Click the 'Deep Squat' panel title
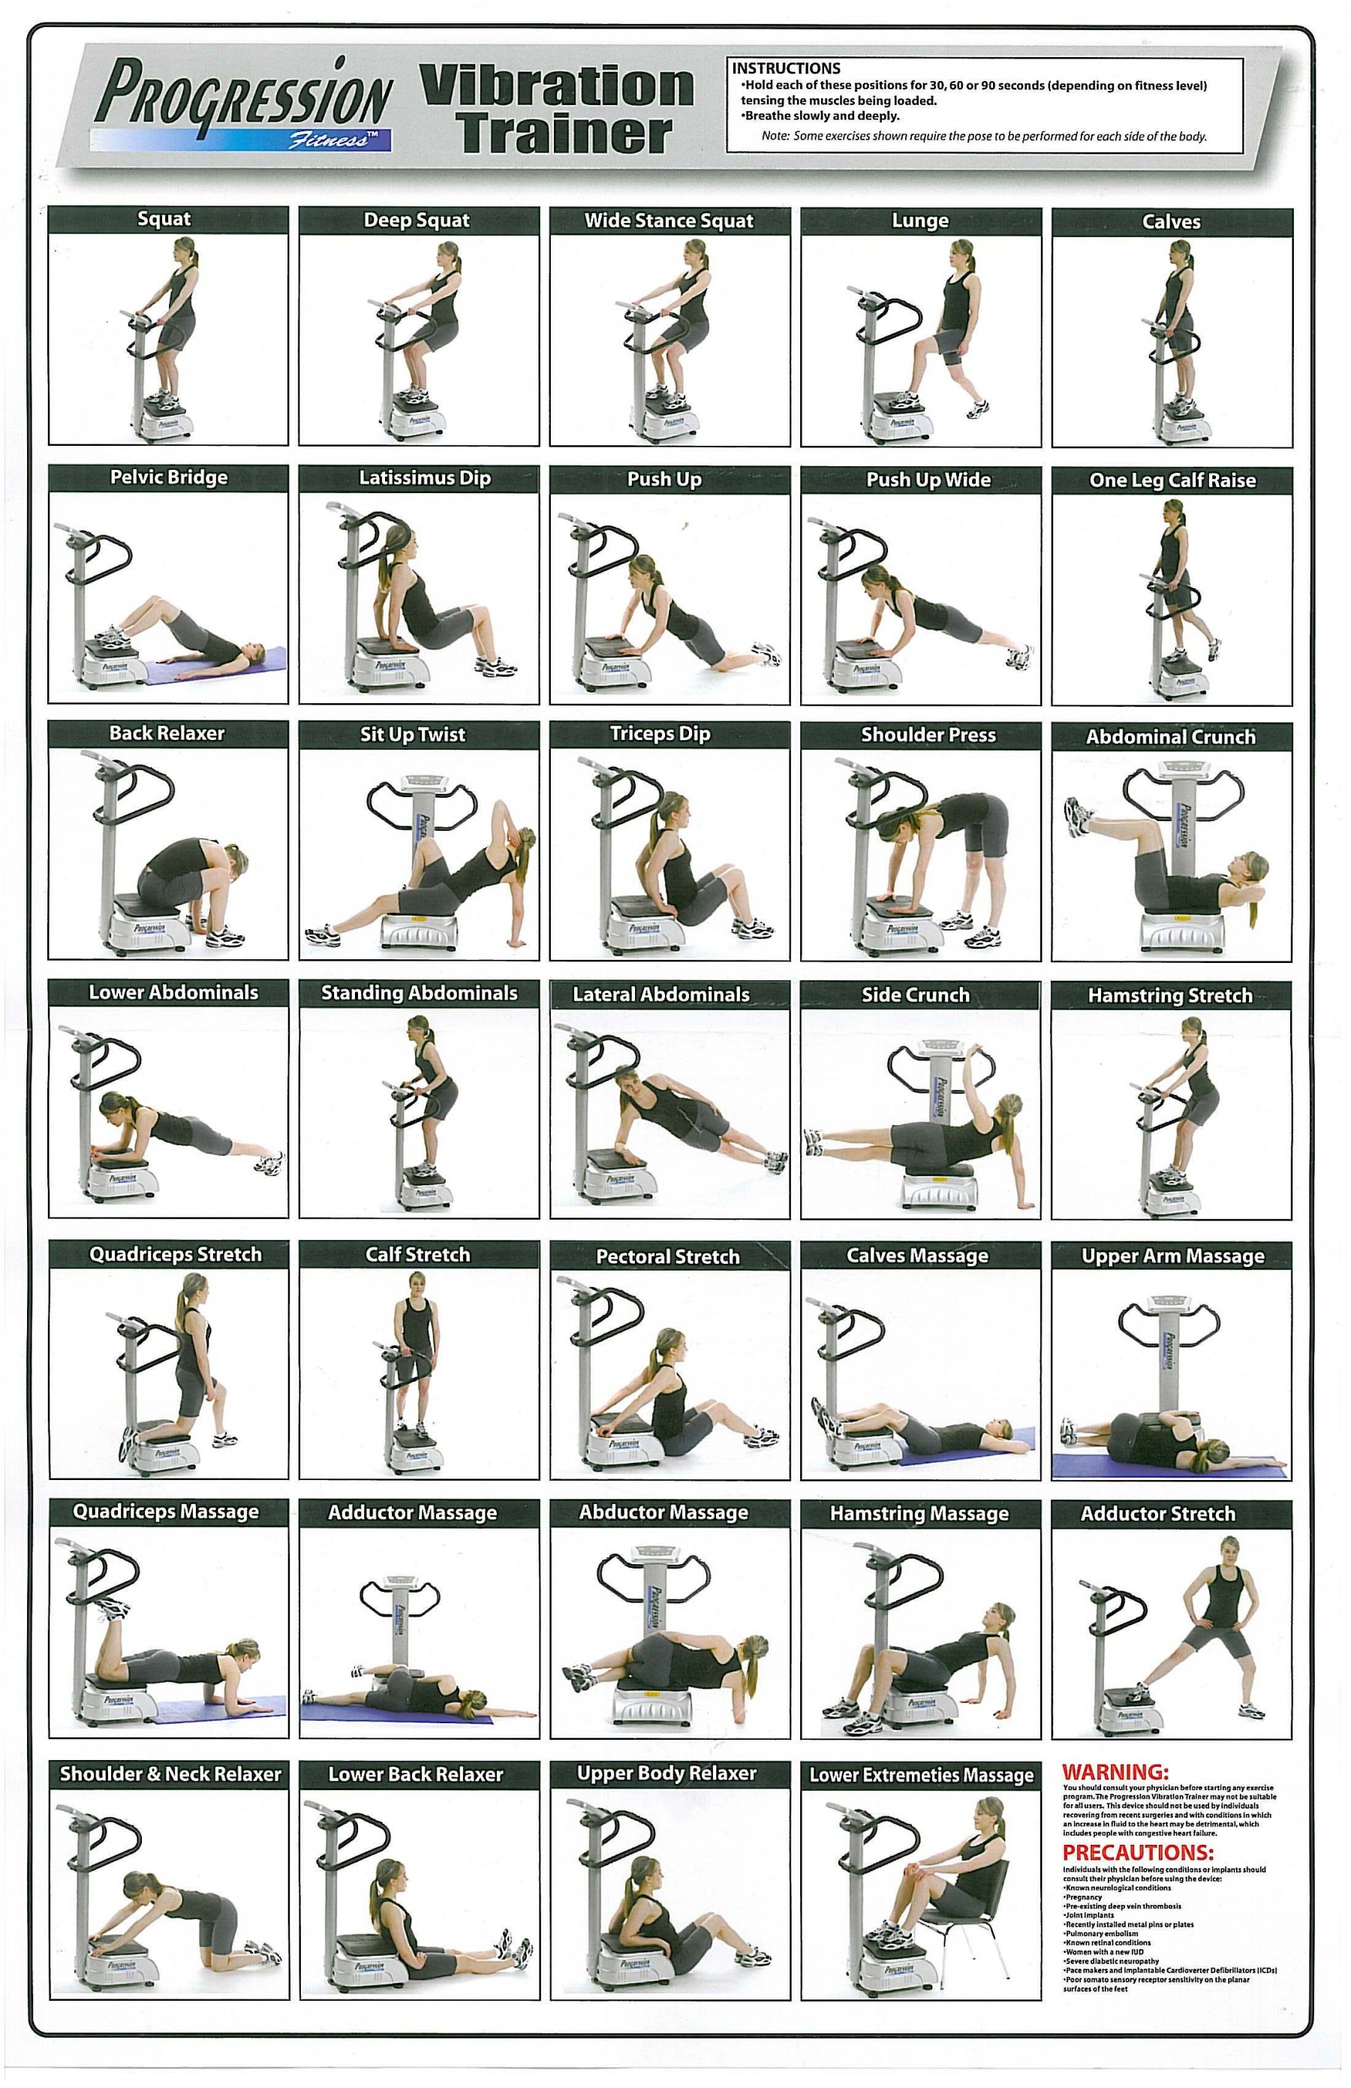417,220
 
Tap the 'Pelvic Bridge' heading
168,477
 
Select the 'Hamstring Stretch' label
1170,996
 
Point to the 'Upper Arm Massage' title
1173,1256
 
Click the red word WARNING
1115,1771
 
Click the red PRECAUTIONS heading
1138,1853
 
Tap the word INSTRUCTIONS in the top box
786,68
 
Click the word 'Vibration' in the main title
558,86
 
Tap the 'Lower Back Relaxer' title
416,1774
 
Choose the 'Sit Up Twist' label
412,734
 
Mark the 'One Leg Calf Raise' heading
1172,480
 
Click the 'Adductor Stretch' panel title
1158,1513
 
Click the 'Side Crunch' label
915,995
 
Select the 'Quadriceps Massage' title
166,1512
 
